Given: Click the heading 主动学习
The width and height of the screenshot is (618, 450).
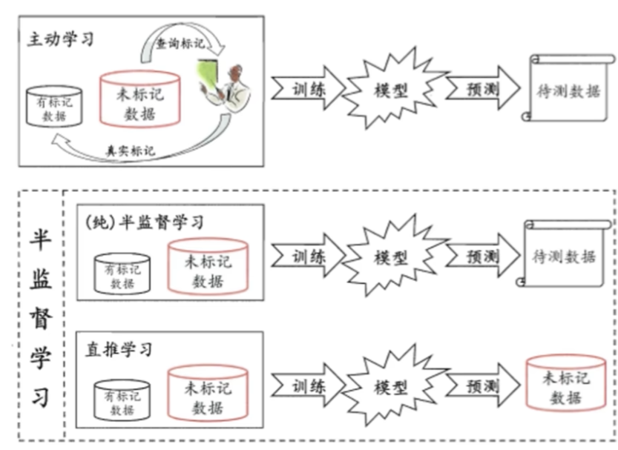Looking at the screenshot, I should click(x=62, y=39).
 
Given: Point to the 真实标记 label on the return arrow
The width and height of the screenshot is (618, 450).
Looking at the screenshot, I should click(x=131, y=150).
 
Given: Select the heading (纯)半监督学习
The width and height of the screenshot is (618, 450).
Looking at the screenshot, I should click(x=145, y=221).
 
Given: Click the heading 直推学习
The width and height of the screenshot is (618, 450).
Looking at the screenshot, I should click(x=118, y=348).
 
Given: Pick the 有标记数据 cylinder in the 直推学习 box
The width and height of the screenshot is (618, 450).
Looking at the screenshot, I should click(x=122, y=401).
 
